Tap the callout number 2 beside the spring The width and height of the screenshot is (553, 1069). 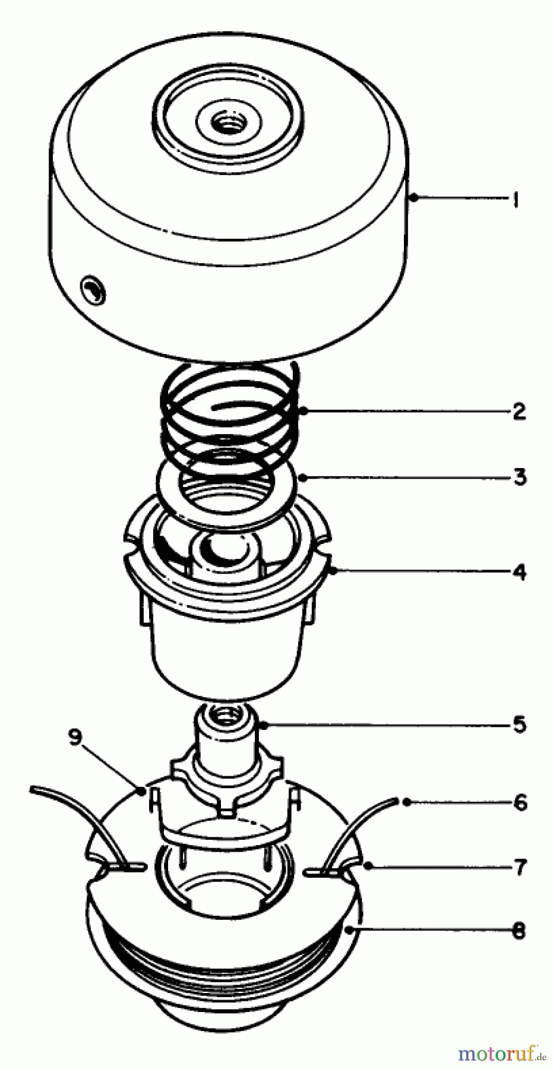(519, 411)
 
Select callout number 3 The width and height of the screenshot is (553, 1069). (520, 477)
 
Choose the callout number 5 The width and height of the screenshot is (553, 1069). (519, 725)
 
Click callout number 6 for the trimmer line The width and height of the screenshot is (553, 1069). (520, 803)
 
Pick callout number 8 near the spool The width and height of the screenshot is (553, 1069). (519, 930)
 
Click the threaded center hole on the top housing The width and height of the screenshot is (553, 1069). (227, 124)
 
